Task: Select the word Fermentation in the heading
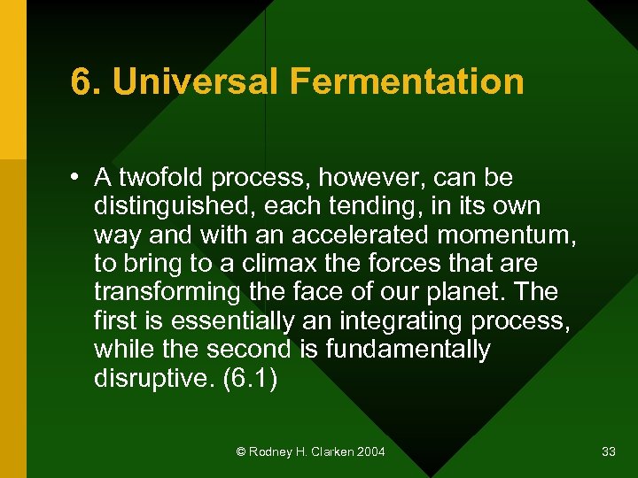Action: (406, 82)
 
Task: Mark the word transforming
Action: (167, 292)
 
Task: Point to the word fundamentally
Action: (408, 350)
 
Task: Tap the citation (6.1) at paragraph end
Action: (251, 379)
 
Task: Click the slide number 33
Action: (609, 452)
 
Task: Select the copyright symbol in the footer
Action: (241, 452)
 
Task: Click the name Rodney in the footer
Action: (271, 452)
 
